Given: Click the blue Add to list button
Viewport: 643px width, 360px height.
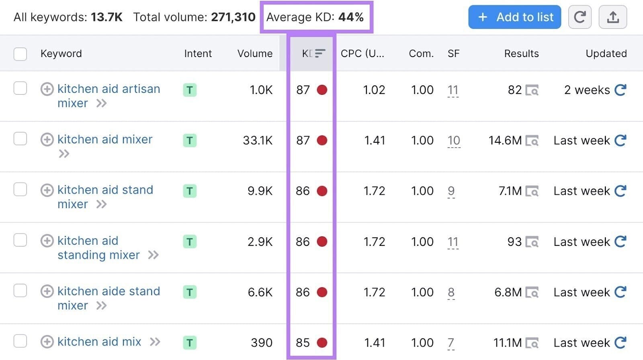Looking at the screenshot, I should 514,17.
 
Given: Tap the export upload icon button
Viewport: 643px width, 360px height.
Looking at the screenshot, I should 612,17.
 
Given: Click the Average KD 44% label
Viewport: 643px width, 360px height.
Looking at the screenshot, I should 315,17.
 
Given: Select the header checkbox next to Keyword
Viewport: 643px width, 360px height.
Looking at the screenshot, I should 20,54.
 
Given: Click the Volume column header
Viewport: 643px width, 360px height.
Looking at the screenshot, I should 255,53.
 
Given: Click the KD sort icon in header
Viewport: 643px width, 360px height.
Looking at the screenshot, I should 320,53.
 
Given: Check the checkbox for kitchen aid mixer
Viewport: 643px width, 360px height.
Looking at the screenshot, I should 20,139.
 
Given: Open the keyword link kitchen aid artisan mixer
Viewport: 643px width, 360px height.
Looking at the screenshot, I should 109,89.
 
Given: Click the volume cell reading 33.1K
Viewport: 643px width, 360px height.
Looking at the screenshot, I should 258,140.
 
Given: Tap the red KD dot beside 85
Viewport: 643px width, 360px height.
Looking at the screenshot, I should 322,342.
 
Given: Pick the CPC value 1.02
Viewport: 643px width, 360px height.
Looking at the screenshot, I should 374,90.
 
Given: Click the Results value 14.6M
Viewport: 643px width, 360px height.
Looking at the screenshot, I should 505,140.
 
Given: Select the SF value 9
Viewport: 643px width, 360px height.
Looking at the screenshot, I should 451,191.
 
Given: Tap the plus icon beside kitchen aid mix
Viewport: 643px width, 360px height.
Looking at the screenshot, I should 47,342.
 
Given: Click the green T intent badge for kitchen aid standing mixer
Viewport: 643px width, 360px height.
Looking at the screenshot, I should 190,241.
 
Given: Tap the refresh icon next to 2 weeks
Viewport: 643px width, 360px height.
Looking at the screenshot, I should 620,90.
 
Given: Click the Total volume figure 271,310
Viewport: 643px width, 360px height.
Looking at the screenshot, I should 233,17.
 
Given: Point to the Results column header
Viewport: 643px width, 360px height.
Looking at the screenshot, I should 521,53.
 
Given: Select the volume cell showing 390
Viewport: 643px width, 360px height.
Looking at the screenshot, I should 262,343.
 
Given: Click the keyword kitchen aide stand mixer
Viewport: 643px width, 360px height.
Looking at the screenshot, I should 109,291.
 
